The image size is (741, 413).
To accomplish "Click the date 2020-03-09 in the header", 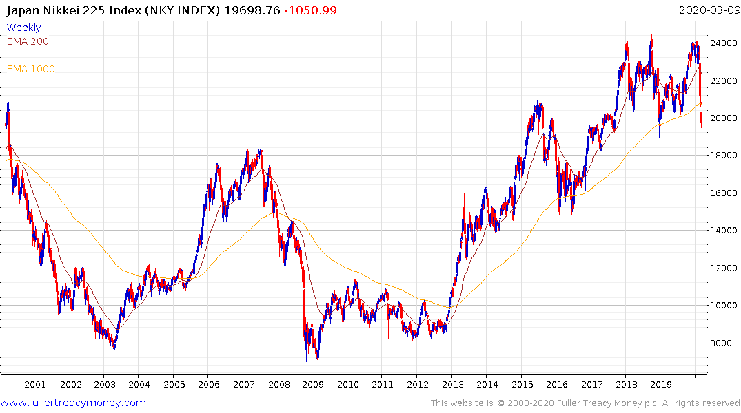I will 709,10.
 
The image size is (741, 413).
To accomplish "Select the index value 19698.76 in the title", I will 245,10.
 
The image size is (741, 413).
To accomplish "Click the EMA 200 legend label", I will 28,41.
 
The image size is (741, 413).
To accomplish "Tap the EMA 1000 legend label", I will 30,69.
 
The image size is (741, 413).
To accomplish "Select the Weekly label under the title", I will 23,28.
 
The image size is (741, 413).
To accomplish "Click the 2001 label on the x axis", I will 34,384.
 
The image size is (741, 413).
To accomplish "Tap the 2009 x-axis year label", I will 313,384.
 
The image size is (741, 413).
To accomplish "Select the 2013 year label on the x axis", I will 452,384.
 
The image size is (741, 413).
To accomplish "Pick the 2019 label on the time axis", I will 661,384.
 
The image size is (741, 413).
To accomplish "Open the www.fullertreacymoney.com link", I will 73,403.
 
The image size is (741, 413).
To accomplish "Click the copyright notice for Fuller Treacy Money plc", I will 585,403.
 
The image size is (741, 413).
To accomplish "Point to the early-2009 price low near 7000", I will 317,359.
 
